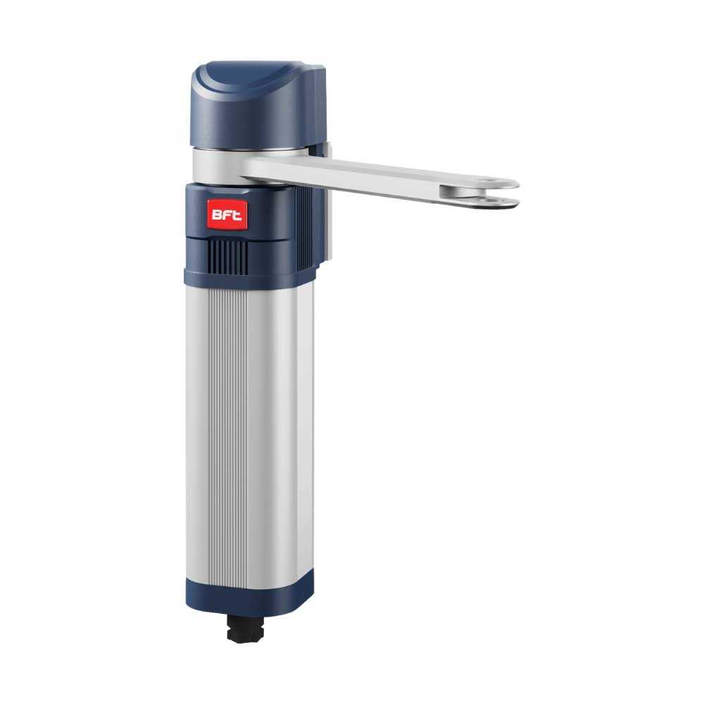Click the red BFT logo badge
point(227,215)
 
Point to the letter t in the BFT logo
point(237,215)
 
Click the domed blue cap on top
point(258,103)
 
